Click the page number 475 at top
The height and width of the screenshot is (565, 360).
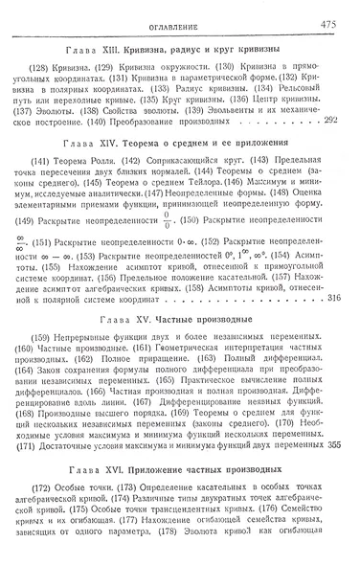(341, 12)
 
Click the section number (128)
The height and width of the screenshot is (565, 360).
(45, 66)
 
